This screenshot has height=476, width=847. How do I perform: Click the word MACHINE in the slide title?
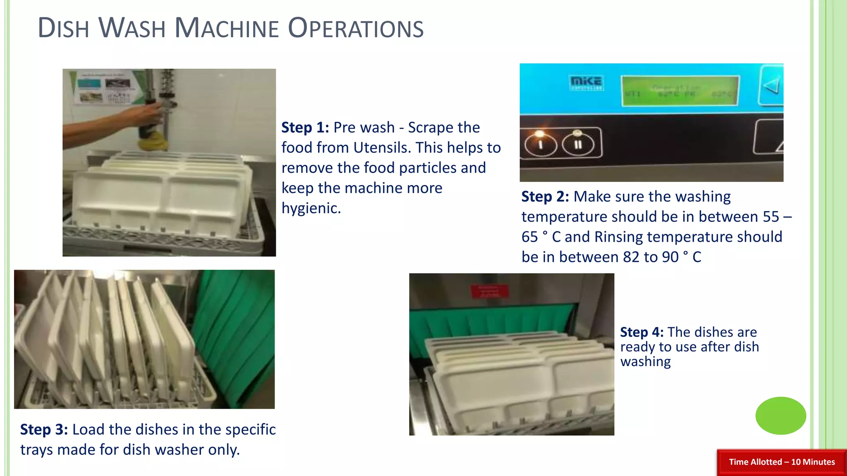point(227,28)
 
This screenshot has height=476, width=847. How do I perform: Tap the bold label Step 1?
point(305,128)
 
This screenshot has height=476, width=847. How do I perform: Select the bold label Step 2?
point(545,197)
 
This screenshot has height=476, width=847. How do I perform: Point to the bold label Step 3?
point(44,430)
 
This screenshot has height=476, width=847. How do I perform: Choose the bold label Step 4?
point(641,332)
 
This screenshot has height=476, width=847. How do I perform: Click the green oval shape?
point(780,416)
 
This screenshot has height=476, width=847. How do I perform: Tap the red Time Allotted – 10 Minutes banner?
point(782,462)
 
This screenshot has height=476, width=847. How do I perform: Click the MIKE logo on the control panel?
point(586,82)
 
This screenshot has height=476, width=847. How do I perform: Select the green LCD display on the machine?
point(680,91)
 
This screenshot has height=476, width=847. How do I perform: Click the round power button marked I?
point(540,144)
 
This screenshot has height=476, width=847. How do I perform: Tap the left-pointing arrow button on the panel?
point(772,86)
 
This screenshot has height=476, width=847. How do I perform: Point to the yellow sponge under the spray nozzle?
point(153,144)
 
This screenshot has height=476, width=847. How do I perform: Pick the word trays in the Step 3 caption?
point(36,450)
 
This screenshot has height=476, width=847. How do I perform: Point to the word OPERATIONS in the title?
point(355,28)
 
